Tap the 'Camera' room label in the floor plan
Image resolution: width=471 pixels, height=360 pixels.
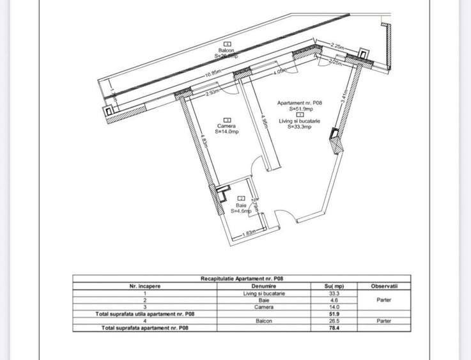tap(226, 126)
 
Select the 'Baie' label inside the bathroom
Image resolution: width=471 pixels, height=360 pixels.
tap(241, 205)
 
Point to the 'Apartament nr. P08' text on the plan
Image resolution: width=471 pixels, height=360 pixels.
tap(300, 103)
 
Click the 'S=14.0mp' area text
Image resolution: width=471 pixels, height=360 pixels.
tap(226, 132)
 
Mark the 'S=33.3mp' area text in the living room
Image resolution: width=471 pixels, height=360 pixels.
tap(299, 127)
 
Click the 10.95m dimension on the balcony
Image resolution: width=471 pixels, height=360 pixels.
tap(213, 74)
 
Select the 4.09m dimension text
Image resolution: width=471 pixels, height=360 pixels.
tap(279, 73)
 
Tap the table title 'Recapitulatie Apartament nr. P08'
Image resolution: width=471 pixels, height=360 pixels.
tap(241, 279)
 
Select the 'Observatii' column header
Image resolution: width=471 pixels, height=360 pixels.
tap(385, 286)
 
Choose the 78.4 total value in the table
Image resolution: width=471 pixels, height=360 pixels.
tap(333, 328)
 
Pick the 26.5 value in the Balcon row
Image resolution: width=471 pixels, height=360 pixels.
tap(333, 321)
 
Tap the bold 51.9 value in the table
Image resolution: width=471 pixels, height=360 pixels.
tap(333, 314)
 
